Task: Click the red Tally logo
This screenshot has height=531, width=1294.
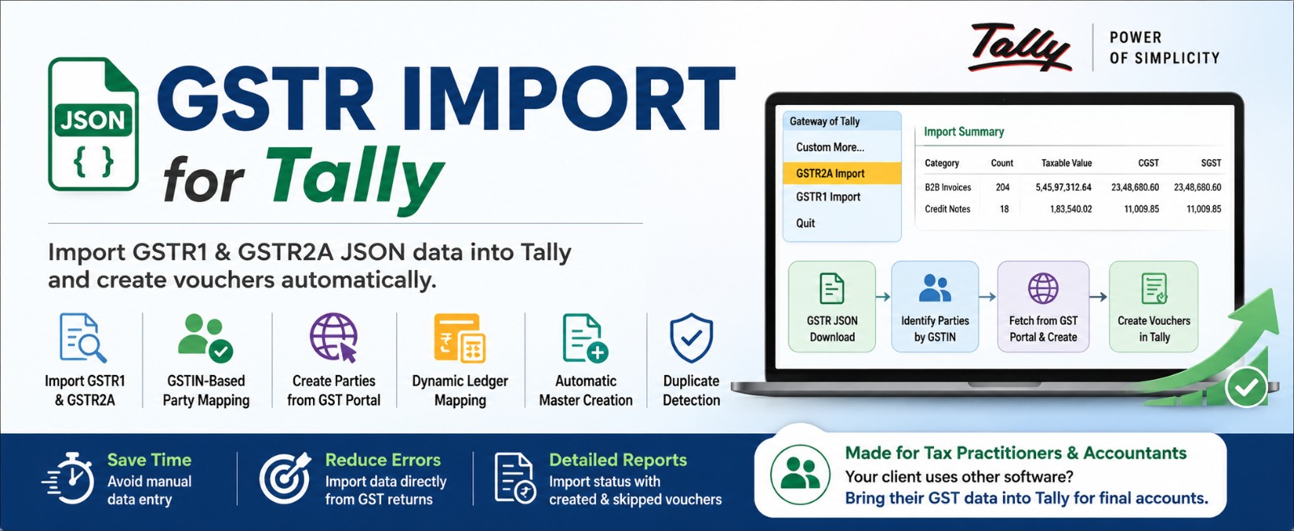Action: coord(1020,48)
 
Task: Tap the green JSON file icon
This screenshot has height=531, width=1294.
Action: coord(93,124)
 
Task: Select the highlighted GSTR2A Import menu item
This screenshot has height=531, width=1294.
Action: coord(842,173)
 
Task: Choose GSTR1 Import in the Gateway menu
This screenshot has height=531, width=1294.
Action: coord(828,197)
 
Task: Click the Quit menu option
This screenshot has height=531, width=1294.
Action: coord(806,223)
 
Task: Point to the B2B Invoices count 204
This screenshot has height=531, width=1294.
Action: coord(1002,187)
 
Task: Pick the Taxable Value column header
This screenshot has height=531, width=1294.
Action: coord(1067,162)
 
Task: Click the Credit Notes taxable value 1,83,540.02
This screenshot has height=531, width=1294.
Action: coord(1071,209)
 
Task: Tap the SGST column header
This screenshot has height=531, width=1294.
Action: coord(1211,162)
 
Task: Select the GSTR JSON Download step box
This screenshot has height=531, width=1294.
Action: coord(832,306)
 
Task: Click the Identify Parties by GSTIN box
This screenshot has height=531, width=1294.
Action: coord(935,306)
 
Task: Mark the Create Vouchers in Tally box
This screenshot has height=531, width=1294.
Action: coord(1153,306)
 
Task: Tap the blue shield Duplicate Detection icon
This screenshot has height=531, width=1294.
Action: coord(691,338)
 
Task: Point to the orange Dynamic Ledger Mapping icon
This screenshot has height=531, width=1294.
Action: coord(460,338)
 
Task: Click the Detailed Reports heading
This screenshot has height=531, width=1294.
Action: coord(618,460)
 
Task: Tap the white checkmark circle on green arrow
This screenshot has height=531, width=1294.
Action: coord(1246,386)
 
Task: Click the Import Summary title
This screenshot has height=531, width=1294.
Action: coord(963,132)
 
